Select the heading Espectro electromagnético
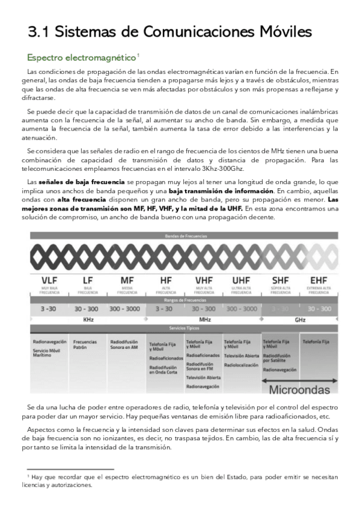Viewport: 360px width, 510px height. point(81,58)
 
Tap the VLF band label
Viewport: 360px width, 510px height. point(49,280)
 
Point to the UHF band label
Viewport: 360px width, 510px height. point(241,280)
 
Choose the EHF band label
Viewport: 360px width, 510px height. point(319,280)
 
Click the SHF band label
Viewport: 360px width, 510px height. point(281,280)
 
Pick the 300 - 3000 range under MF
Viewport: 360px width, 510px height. point(126,309)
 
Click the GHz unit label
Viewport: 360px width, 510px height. point(300,319)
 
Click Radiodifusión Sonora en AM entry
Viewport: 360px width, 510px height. point(124,345)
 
